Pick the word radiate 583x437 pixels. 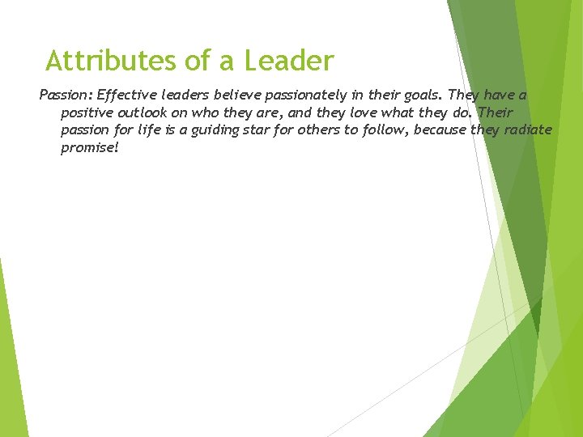pos(527,130)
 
